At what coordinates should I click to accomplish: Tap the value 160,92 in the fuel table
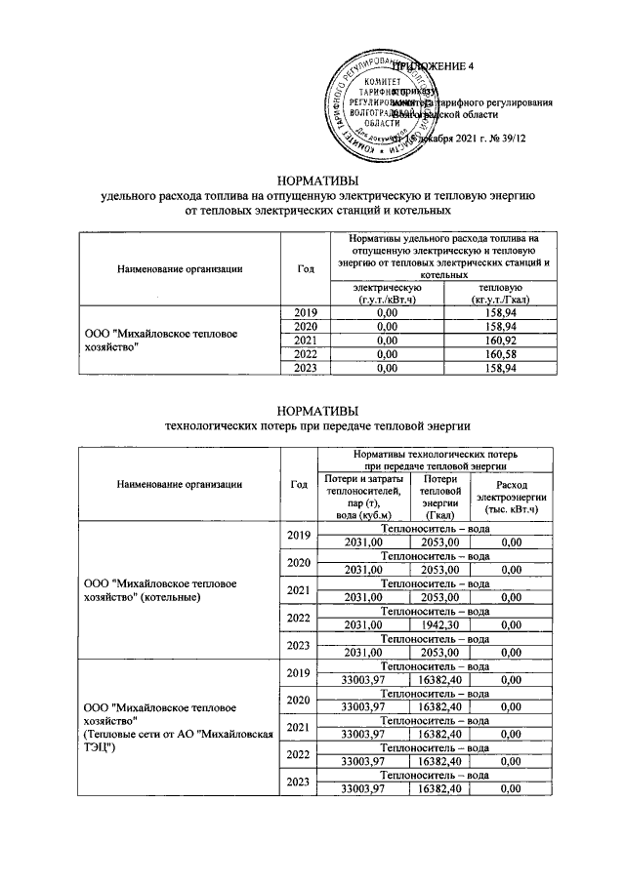tap(498, 340)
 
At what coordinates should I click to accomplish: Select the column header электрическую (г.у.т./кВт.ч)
tap(387, 293)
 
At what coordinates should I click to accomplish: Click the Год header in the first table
tap(305, 268)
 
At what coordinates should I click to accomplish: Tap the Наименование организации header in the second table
tap(179, 484)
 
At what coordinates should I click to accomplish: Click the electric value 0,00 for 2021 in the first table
tap(387, 340)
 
